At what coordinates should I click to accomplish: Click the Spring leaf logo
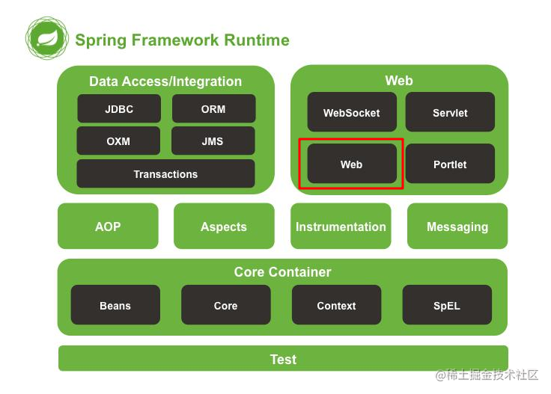tap(47, 40)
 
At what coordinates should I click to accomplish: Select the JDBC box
tap(119, 109)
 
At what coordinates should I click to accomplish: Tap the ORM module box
tap(213, 109)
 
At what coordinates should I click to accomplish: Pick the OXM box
tap(118, 141)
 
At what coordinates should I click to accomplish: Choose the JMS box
tap(213, 141)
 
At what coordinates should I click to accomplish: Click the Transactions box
tap(165, 174)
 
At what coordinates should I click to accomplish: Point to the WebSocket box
tap(351, 113)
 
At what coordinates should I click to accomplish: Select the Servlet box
tap(450, 113)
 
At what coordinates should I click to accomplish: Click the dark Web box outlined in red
tap(351, 164)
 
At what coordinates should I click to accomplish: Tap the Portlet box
tap(450, 164)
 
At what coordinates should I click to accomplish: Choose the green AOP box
tap(108, 227)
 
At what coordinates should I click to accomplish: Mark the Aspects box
tap(223, 227)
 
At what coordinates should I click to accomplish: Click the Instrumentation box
tap(341, 227)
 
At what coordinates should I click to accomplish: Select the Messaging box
tap(457, 227)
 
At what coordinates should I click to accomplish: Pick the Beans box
tap(115, 306)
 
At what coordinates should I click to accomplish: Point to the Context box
tap(336, 306)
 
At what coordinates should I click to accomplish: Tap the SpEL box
tap(447, 306)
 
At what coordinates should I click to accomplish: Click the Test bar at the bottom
tap(283, 360)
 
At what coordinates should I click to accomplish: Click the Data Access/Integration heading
tap(165, 81)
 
